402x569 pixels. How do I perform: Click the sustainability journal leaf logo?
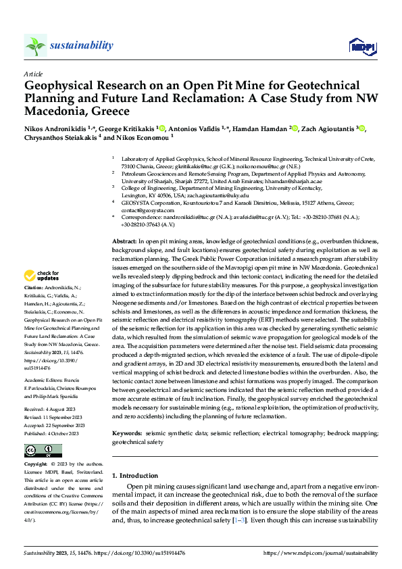[35, 45]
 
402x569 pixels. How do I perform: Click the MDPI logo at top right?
[361, 46]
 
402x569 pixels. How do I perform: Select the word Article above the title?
[33, 74]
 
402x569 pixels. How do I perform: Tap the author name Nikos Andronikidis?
[57, 128]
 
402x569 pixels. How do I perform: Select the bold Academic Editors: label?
[48, 362]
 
